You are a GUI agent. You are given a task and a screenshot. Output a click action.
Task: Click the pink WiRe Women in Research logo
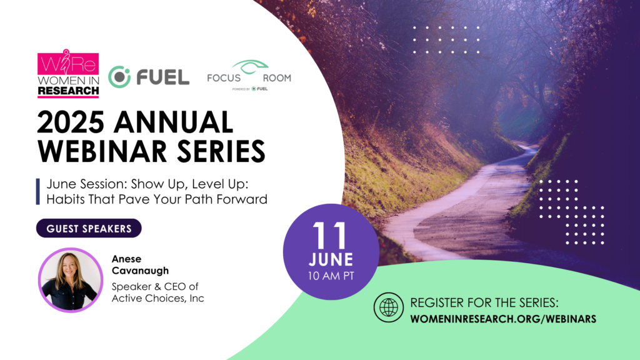pyautogui.click(x=68, y=74)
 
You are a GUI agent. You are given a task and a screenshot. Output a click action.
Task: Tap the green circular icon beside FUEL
pyautogui.click(x=119, y=77)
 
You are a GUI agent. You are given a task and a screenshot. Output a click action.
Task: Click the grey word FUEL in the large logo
pyautogui.click(x=163, y=77)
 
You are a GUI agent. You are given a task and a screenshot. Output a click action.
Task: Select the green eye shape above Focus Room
pyautogui.click(x=250, y=66)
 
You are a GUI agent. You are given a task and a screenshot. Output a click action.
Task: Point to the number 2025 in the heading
pyautogui.click(x=70, y=122)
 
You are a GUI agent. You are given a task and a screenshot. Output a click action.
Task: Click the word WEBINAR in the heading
pyautogui.click(x=102, y=151)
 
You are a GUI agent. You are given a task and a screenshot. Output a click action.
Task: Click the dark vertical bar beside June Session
pyautogui.click(x=38, y=191)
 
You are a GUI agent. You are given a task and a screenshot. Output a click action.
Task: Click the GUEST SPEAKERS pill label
pyautogui.click(x=89, y=229)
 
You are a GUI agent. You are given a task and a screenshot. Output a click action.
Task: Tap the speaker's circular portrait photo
pyautogui.click(x=71, y=280)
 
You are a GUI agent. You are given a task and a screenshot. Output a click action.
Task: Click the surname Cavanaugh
pyautogui.click(x=140, y=271)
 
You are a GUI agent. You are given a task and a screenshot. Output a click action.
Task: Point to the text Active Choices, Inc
pyautogui.click(x=158, y=298)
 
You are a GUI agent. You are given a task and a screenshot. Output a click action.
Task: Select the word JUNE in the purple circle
pyautogui.click(x=331, y=259)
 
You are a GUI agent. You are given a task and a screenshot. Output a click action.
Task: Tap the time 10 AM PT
pyautogui.click(x=331, y=276)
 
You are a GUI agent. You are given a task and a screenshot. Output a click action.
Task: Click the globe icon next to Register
pyautogui.click(x=389, y=307)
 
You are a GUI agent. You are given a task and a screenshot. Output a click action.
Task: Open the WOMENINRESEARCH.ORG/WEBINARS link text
pyautogui.click(x=503, y=319)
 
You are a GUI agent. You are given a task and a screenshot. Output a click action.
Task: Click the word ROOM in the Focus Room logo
pyautogui.click(x=277, y=78)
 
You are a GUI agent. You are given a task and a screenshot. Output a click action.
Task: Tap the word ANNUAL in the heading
pyautogui.click(x=174, y=122)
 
